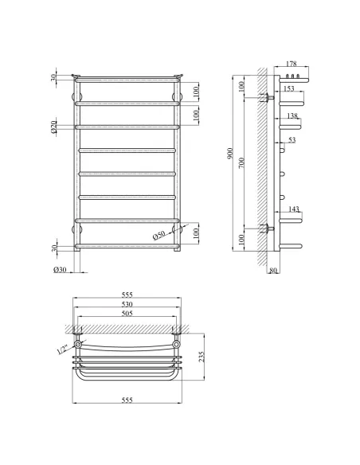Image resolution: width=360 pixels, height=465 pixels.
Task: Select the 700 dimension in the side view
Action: [x=241, y=162]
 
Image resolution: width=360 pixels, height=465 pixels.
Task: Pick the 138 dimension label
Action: [x=292, y=116]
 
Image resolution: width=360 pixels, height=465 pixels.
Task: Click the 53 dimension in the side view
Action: [x=292, y=140]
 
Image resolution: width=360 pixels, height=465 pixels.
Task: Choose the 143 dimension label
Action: [x=293, y=209]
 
